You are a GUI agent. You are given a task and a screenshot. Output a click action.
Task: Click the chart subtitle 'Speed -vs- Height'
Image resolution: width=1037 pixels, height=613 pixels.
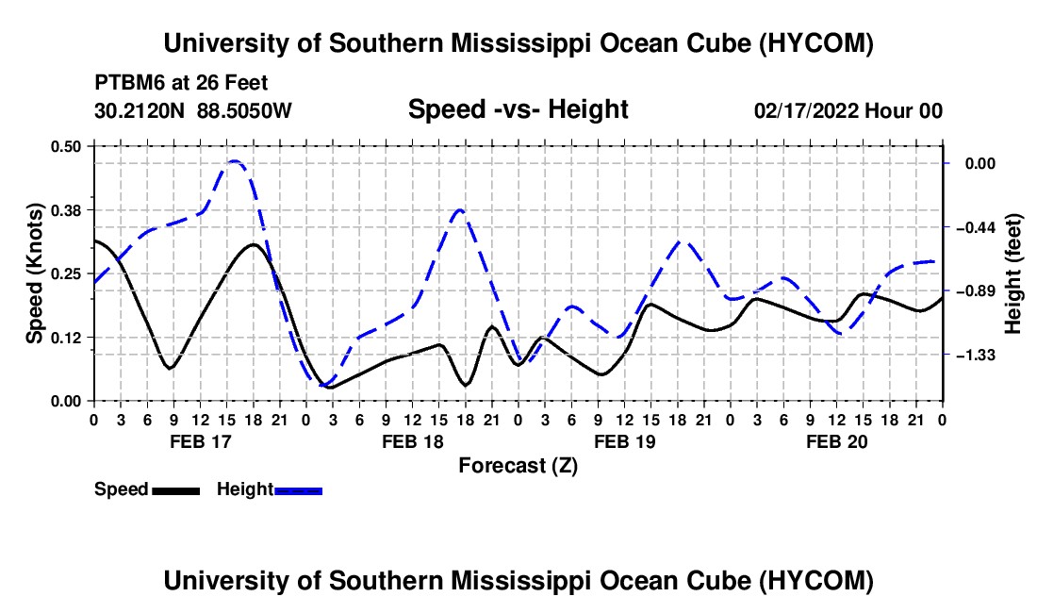518,109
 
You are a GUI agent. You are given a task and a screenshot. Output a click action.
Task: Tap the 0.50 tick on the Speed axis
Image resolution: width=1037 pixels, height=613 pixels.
66,146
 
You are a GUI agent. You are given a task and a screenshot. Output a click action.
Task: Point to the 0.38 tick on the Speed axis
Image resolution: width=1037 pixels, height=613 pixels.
66,210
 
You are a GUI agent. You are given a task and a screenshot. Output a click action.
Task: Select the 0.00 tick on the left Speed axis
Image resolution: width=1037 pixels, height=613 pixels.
66,402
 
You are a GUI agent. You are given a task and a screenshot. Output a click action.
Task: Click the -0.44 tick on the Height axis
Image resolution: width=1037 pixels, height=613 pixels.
976,228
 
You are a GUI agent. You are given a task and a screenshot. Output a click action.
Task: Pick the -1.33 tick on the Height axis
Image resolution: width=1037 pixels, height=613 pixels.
976,356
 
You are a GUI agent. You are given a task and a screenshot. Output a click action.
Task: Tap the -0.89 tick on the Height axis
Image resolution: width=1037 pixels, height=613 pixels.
976,291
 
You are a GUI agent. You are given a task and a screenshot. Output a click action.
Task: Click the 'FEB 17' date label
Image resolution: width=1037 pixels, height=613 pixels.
201,441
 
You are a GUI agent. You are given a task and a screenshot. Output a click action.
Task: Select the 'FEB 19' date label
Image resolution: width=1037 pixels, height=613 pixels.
624,441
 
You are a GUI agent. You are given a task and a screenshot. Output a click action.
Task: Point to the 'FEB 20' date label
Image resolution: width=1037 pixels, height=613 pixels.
836,441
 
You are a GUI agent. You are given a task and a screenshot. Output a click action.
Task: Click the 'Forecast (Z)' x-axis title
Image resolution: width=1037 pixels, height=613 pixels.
518,466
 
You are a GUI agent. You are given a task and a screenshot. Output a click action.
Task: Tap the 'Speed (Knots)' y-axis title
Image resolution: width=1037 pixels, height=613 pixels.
35,273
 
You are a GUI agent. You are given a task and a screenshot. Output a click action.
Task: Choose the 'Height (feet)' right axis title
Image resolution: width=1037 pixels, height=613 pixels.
1012,273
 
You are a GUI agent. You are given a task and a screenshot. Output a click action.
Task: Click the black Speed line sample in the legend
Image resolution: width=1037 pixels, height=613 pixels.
176,491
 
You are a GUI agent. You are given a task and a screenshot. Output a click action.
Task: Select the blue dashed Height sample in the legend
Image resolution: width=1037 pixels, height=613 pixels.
298,491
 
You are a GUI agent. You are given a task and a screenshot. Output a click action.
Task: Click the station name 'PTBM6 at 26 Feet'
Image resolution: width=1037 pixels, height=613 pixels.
181,83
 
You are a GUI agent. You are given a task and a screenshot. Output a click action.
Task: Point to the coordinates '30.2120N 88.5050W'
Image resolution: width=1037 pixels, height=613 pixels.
193,110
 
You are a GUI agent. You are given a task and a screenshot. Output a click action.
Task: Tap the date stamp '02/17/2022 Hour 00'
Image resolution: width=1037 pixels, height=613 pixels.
848,110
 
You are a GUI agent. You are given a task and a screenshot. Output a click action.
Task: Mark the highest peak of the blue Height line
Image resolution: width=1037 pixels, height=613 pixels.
234,160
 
